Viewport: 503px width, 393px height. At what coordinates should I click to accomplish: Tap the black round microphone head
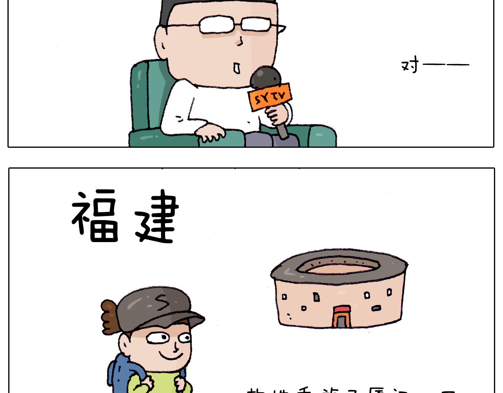click(266, 77)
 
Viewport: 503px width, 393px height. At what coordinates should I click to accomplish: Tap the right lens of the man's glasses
click(256, 24)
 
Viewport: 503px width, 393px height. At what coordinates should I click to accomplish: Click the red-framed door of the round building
click(341, 317)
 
